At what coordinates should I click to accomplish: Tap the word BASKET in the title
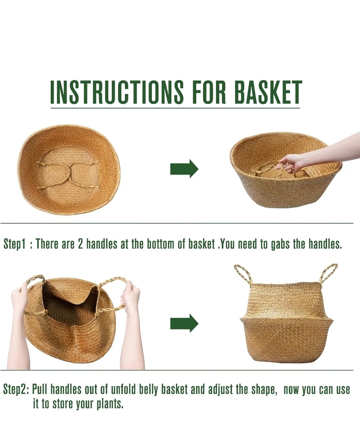pos(268,91)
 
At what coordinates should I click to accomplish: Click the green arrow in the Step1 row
pos(184,169)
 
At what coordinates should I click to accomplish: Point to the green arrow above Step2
pos(184,323)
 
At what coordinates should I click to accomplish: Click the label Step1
pos(14,244)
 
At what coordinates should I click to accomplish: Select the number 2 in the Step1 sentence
pos(80,244)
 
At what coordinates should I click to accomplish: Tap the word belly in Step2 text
pos(148,389)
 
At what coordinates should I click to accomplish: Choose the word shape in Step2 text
pos(263,389)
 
